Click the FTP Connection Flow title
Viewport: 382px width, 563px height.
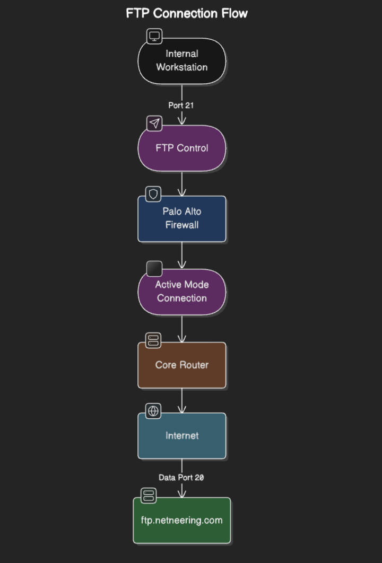click(x=187, y=13)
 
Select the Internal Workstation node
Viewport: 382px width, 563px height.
click(x=182, y=61)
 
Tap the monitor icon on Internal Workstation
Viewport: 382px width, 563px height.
click(x=154, y=36)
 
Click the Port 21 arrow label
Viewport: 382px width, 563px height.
click(x=181, y=105)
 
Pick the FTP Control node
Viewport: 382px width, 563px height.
click(x=182, y=148)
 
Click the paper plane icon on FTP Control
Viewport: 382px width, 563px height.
click(x=154, y=124)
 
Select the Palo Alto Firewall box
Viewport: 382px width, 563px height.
click(x=182, y=218)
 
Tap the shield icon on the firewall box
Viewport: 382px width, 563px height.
click(x=153, y=194)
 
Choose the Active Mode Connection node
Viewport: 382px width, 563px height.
click(x=182, y=292)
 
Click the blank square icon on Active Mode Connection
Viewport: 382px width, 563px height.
click(x=154, y=269)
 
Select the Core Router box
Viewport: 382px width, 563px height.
click(x=182, y=365)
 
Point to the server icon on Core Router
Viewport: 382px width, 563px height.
click(x=153, y=340)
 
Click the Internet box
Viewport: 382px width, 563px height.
click(x=182, y=436)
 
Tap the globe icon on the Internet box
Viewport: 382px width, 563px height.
click(x=153, y=411)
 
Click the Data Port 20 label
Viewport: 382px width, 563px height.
click(x=181, y=478)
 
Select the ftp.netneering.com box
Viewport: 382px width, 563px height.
click(x=182, y=520)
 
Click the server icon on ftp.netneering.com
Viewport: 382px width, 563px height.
click(x=149, y=496)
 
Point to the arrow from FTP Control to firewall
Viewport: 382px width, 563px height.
click(x=182, y=184)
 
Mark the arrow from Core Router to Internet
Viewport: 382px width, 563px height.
click(x=182, y=401)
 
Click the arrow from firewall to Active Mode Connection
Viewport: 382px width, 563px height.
click(x=182, y=256)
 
